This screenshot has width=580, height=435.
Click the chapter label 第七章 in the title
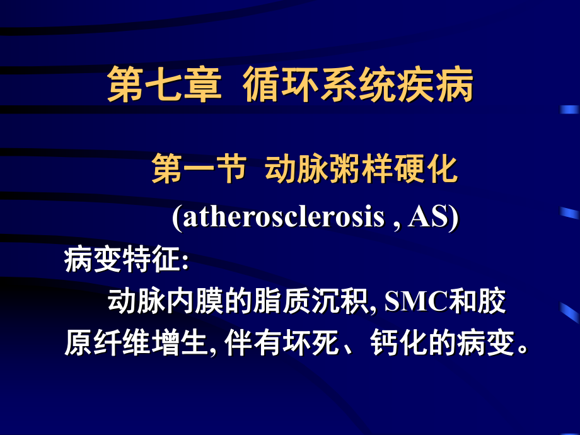click(x=165, y=84)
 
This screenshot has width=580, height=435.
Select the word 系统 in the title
click(x=358, y=84)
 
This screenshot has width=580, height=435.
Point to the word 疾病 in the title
click(x=435, y=84)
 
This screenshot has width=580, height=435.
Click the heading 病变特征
click(x=122, y=259)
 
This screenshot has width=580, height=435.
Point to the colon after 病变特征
click(x=185, y=261)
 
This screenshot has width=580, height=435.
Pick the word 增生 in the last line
click(x=180, y=343)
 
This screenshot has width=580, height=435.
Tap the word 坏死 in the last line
click(x=311, y=343)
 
